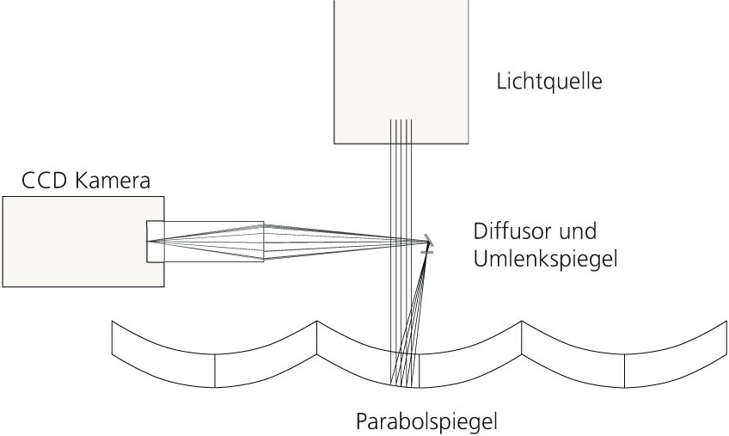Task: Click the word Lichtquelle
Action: point(549,82)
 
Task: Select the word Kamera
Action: point(112,181)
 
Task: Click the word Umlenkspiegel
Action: point(545,259)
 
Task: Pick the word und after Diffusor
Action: point(578,231)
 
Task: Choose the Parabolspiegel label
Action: point(426,421)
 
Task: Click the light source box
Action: point(401,71)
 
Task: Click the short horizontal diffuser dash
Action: point(426,252)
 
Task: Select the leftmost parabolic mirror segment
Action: point(214,354)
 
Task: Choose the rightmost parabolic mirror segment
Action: point(624,354)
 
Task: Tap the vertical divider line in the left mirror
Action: point(215,371)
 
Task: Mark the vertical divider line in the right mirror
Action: point(624,371)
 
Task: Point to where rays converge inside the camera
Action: point(148,241)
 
